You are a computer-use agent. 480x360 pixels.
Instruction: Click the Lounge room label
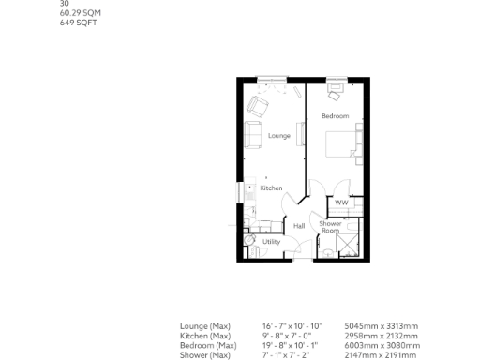point(279,137)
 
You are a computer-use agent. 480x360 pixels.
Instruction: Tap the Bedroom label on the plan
point(335,116)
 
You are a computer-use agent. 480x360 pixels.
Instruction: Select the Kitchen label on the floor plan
point(271,188)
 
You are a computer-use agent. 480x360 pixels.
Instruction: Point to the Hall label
point(298,226)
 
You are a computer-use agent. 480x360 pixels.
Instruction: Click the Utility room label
point(271,242)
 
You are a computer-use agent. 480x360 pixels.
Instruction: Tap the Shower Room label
point(330,227)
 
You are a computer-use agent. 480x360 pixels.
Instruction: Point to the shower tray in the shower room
point(346,245)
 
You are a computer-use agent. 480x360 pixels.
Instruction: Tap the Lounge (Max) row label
point(205,325)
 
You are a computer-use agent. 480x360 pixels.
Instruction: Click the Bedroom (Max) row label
point(209,346)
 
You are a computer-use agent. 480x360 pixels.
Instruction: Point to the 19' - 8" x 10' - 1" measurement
point(292,346)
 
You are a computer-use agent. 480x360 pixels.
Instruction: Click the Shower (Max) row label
point(205,355)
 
